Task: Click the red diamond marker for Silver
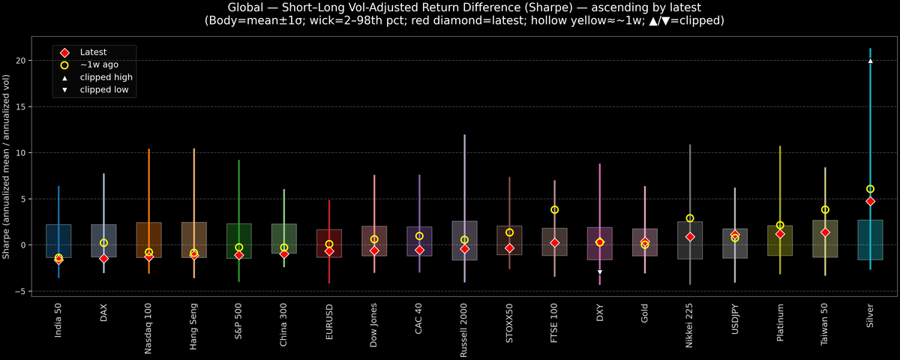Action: (870, 201)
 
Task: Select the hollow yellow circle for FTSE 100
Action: (554, 210)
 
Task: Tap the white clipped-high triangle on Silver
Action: (870, 61)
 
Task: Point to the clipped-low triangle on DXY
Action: (599, 271)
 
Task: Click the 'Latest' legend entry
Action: (92, 52)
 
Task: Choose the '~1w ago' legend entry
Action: (98, 65)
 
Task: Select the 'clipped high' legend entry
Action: (106, 77)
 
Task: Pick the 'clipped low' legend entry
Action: (104, 90)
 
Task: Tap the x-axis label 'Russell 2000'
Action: (464, 327)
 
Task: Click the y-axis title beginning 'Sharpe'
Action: (7, 166)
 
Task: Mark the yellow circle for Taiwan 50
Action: (825, 210)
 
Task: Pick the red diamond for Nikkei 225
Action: (690, 237)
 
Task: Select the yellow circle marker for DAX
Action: (103, 243)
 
